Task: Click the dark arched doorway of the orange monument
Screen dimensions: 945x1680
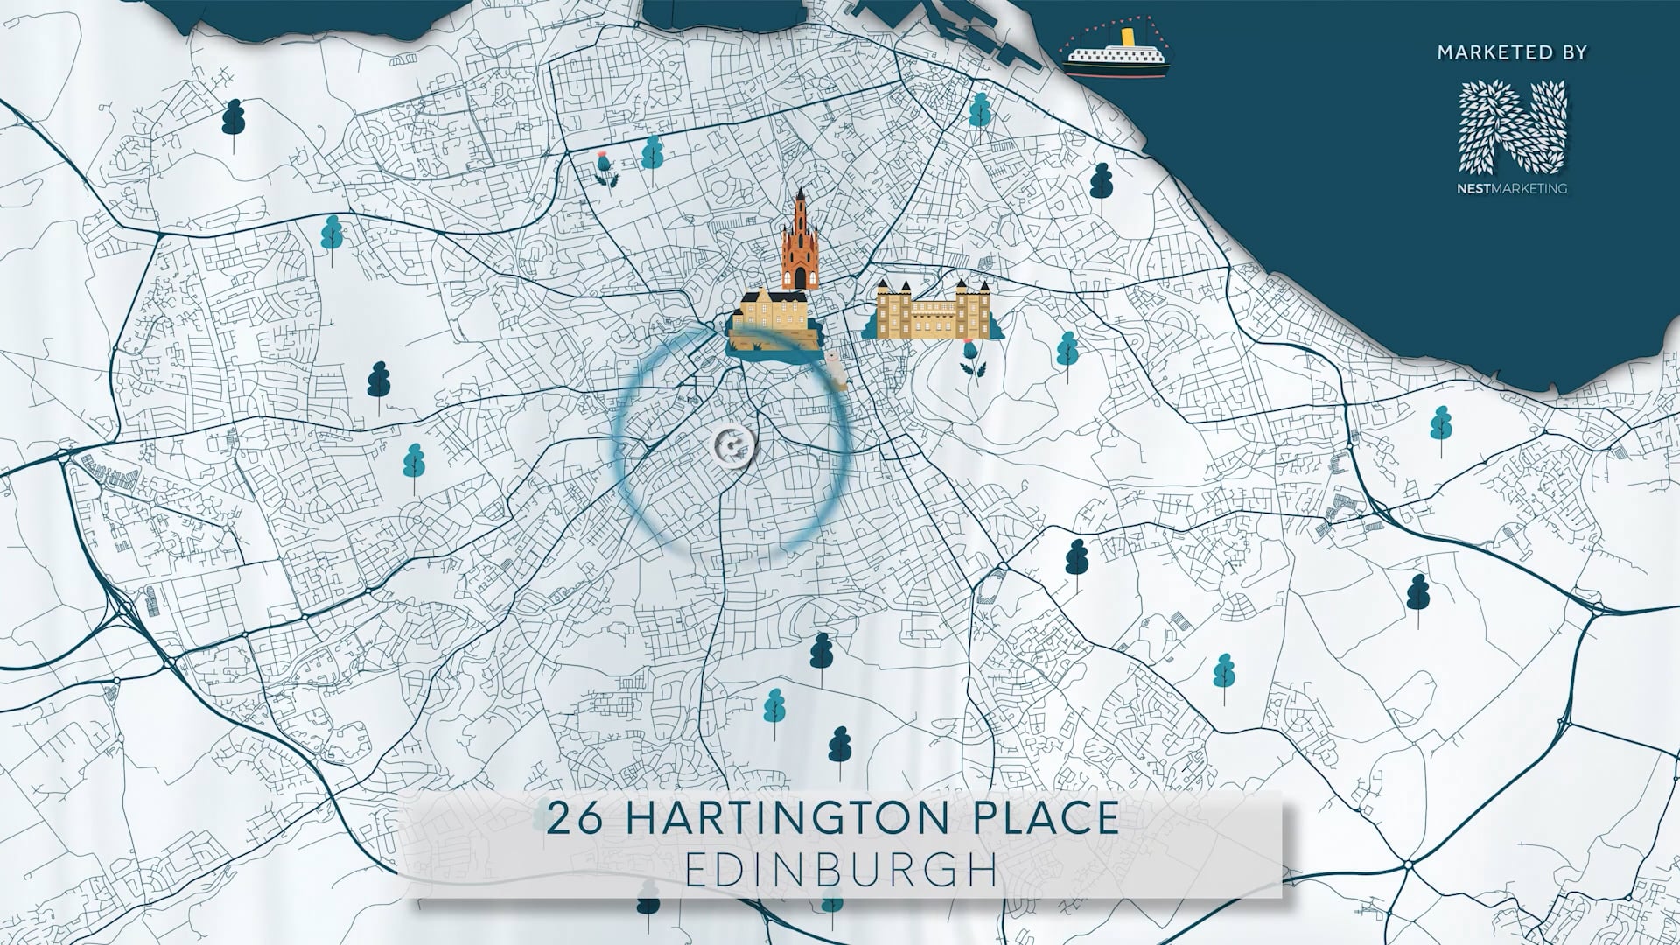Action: click(x=800, y=278)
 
